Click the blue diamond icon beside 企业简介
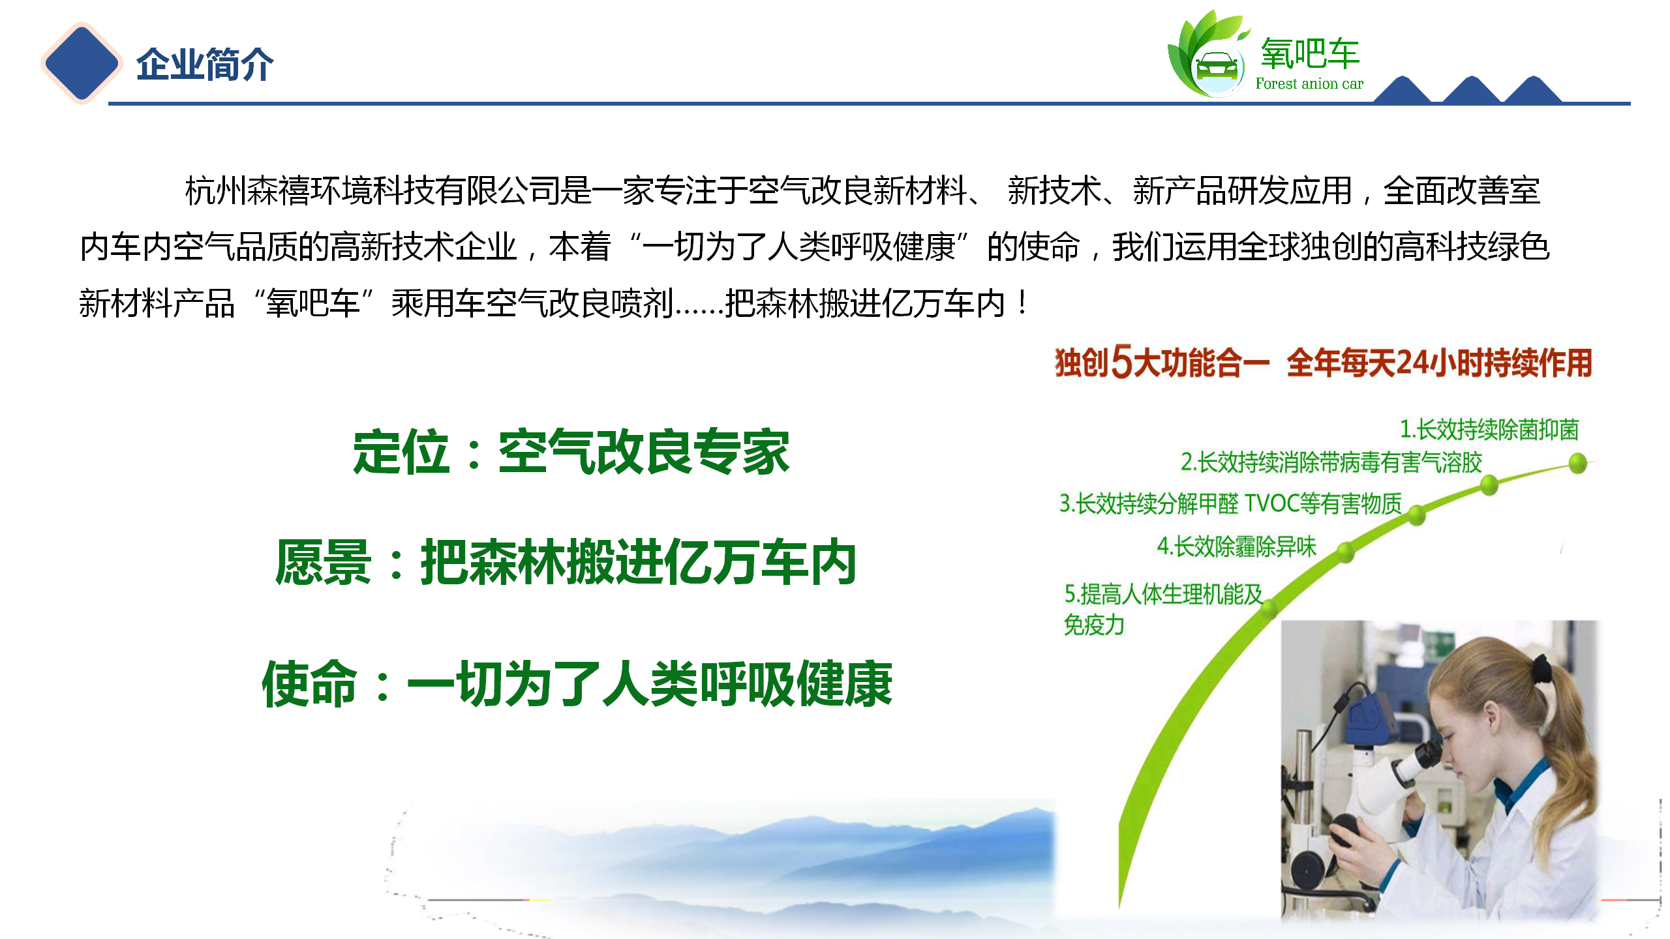[x=82, y=63]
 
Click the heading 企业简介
[x=205, y=65]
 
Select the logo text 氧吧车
[x=1310, y=53]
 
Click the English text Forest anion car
[x=1309, y=83]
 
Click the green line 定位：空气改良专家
[x=571, y=451]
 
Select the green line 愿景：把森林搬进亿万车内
[x=566, y=562]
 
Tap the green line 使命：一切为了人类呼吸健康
[x=577, y=683]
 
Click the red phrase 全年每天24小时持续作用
[x=1439, y=363]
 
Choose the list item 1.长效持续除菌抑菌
[x=1489, y=429]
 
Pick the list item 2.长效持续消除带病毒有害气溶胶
[x=1331, y=462]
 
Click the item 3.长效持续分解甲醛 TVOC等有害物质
[x=1230, y=503]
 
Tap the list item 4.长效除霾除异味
[x=1237, y=546]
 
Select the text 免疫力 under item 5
[x=1094, y=625]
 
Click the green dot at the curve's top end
[x=1578, y=464]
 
